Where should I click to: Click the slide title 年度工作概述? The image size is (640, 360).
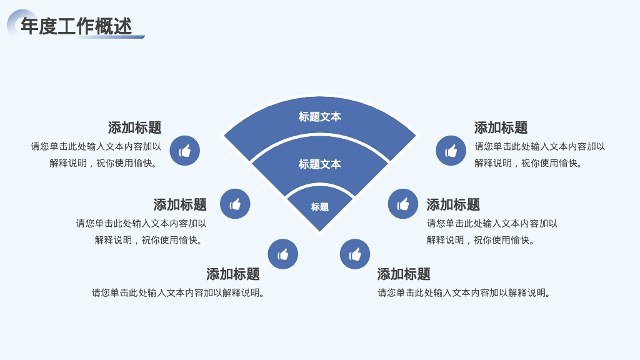pyautogui.click(x=76, y=26)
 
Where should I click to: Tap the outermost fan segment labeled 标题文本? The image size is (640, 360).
pyautogui.click(x=319, y=117)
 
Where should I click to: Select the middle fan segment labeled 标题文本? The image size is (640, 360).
pyautogui.click(x=319, y=164)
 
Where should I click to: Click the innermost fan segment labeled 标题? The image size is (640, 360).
pyautogui.click(x=319, y=207)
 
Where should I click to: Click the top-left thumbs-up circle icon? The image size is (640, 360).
pyautogui.click(x=185, y=151)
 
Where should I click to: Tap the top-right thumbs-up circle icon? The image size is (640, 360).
pyautogui.click(x=451, y=151)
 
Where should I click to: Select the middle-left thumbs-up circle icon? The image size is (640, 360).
pyautogui.click(x=235, y=204)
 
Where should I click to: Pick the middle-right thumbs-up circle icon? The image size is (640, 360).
pyautogui.click(x=403, y=204)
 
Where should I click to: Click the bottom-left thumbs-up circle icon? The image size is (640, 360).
pyautogui.click(x=283, y=254)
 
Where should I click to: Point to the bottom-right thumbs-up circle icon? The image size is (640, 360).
pyautogui.click(x=355, y=254)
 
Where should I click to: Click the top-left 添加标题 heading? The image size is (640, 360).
pyautogui.click(x=134, y=128)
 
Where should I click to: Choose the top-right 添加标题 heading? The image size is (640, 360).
pyautogui.click(x=501, y=128)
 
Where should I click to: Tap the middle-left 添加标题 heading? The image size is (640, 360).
pyautogui.click(x=180, y=204)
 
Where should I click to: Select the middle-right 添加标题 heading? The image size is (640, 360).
pyautogui.click(x=453, y=204)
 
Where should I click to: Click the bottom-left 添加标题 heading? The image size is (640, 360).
pyautogui.click(x=233, y=274)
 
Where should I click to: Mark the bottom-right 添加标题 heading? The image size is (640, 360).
pyautogui.click(x=404, y=274)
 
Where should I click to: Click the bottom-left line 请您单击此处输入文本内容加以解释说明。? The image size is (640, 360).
pyautogui.click(x=179, y=292)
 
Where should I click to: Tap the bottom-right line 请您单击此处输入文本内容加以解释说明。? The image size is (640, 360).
pyautogui.click(x=464, y=292)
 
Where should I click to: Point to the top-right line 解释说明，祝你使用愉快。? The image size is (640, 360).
pyautogui.click(x=529, y=163)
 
